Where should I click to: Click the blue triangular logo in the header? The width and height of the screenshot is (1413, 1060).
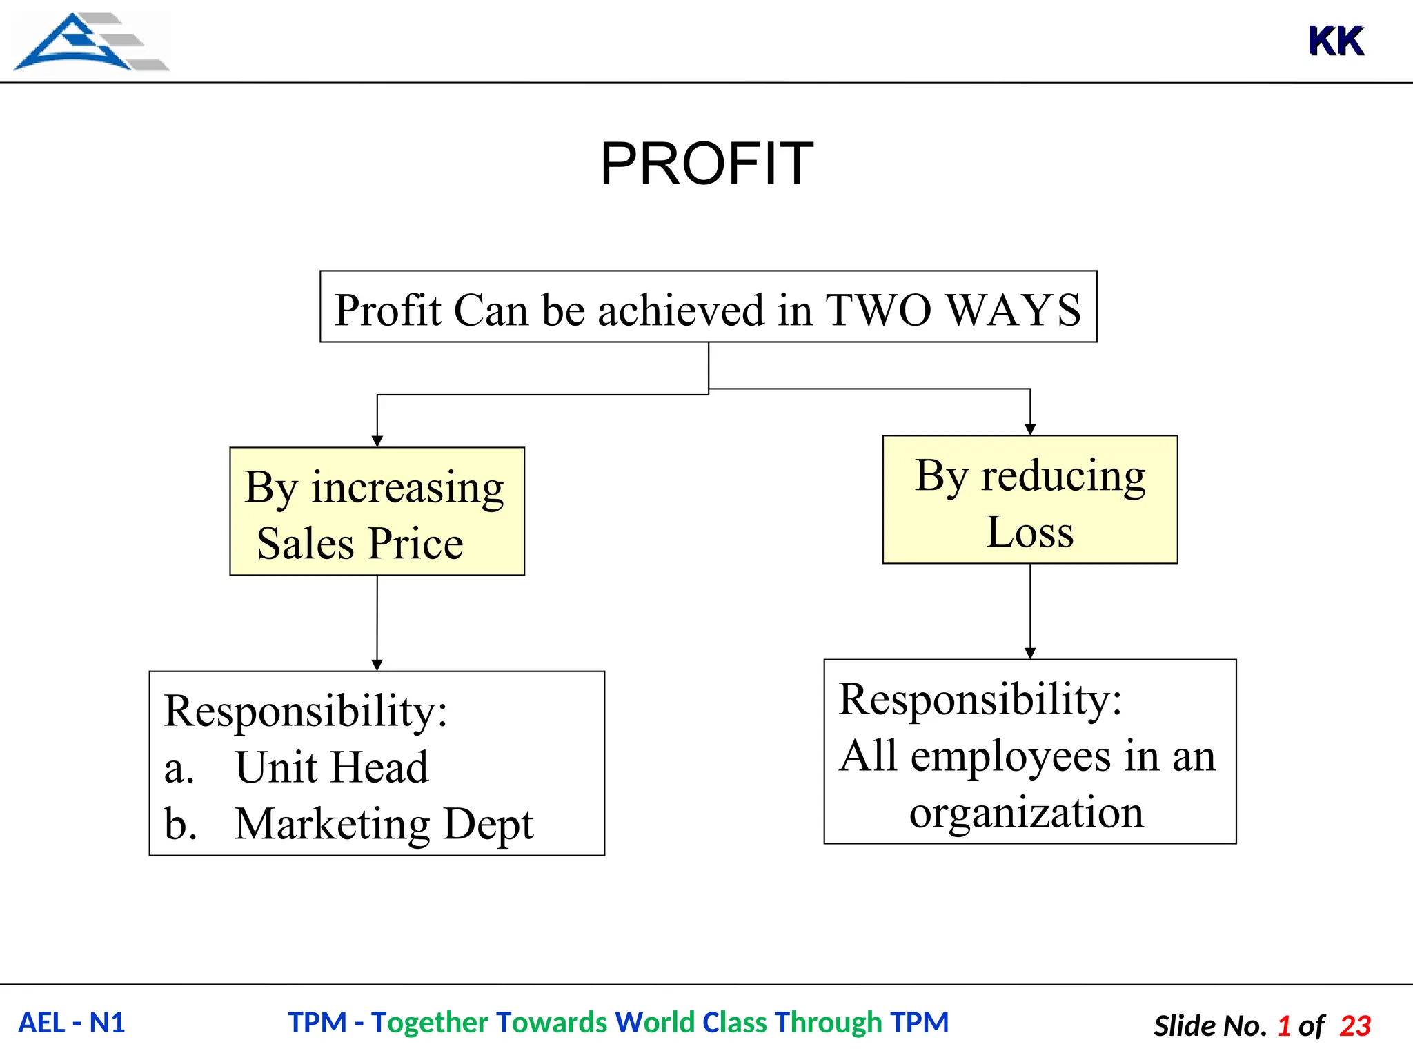pos(90,41)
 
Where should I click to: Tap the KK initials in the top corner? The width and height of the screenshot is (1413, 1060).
pos(1336,41)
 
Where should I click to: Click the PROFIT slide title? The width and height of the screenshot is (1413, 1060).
pos(706,164)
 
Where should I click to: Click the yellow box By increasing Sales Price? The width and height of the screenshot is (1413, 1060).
pos(377,511)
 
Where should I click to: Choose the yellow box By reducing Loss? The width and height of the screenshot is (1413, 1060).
pos(1029,500)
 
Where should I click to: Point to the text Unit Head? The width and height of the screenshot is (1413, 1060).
pos(331,767)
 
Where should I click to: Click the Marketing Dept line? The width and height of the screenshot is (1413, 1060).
pos(384,823)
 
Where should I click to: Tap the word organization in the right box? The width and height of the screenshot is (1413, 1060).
pos(1026,812)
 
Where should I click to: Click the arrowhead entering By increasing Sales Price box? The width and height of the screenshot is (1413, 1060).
pos(377,442)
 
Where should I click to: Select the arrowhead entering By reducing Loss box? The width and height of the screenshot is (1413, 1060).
pos(1030,430)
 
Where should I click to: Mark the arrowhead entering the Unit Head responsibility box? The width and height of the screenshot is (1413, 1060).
pos(377,665)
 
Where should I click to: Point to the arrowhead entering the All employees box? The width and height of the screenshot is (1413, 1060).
pos(1030,654)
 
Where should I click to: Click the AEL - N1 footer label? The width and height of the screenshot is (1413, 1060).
pos(72,1023)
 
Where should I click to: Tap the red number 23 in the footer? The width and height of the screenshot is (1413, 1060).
pos(1355,1026)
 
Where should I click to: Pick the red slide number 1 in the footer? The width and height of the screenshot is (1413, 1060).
pos(1284,1026)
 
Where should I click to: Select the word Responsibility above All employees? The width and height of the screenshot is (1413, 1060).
pos(980,699)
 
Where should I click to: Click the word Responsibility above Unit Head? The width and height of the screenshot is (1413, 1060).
pos(306,711)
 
